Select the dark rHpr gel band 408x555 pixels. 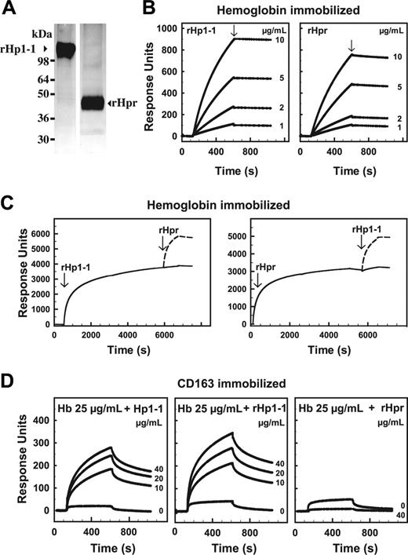click(x=94, y=103)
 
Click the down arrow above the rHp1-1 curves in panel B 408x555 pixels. click(x=234, y=30)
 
